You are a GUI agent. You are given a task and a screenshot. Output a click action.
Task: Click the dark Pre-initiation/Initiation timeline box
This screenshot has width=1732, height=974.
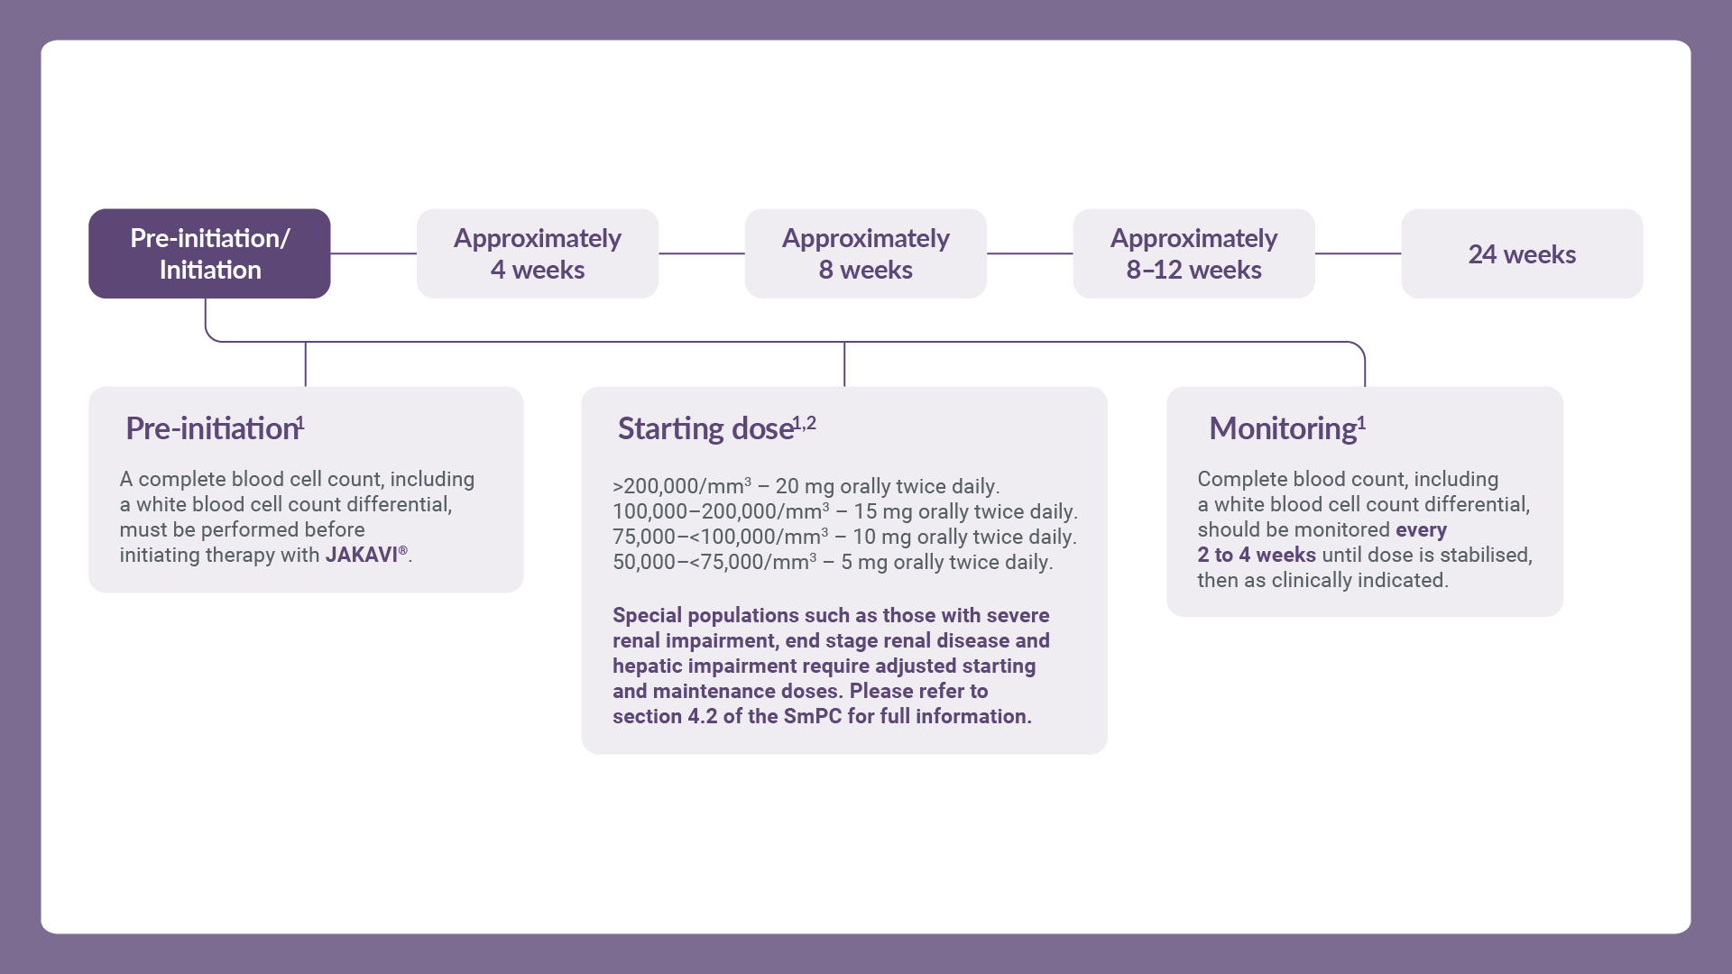coord(209,253)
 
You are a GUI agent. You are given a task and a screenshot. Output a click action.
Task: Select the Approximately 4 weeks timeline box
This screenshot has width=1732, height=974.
coord(538,253)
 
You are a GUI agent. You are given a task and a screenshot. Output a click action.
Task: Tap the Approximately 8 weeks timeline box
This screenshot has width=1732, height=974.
coord(866,253)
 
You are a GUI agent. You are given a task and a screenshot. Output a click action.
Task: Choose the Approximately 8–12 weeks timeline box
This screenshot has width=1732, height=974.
coord(1193,253)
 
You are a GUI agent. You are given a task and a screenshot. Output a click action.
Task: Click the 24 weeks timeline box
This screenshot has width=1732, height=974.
coord(1522,253)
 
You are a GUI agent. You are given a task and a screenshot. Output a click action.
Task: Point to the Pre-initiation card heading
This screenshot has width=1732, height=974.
coord(212,428)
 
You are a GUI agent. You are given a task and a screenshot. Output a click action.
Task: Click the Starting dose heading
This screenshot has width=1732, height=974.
coord(705,428)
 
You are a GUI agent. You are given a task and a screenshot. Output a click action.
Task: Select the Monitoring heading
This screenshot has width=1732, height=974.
coord(1283,428)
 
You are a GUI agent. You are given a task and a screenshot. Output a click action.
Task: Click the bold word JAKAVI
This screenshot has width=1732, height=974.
coord(362,555)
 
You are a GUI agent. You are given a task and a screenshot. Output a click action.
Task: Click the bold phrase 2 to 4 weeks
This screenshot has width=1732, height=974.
coord(1257,555)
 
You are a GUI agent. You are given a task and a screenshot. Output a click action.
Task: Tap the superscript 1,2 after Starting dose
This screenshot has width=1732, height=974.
coord(805,423)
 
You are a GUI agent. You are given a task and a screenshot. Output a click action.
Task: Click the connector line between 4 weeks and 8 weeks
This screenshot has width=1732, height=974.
coord(702,253)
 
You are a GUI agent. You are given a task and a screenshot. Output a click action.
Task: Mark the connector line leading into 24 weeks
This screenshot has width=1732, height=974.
coord(1358,253)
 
